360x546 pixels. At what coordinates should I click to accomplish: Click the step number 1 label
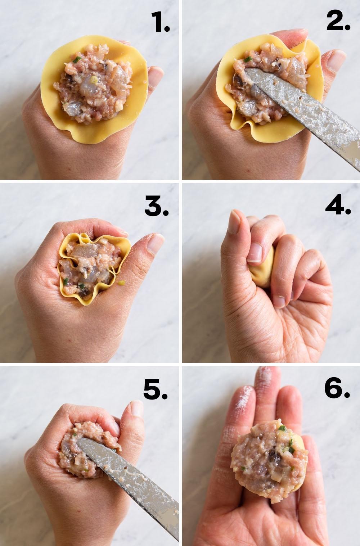pyautogui.click(x=160, y=22)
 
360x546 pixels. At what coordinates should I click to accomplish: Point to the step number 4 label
pyautogui.click(x=338, y=205)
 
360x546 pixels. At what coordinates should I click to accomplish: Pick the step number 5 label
pyautogui.click(x=156, y=389)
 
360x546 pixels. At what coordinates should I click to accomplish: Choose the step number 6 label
pyautogui.click(x=337, y=388)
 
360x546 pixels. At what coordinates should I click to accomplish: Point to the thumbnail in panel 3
pyautogui.click(x=155, y=244)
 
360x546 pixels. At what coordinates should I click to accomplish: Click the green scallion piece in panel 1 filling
pyautogui.click(x=77, y=59)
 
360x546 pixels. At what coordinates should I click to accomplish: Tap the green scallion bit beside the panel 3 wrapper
pyautogui.click(x=121, y=283)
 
